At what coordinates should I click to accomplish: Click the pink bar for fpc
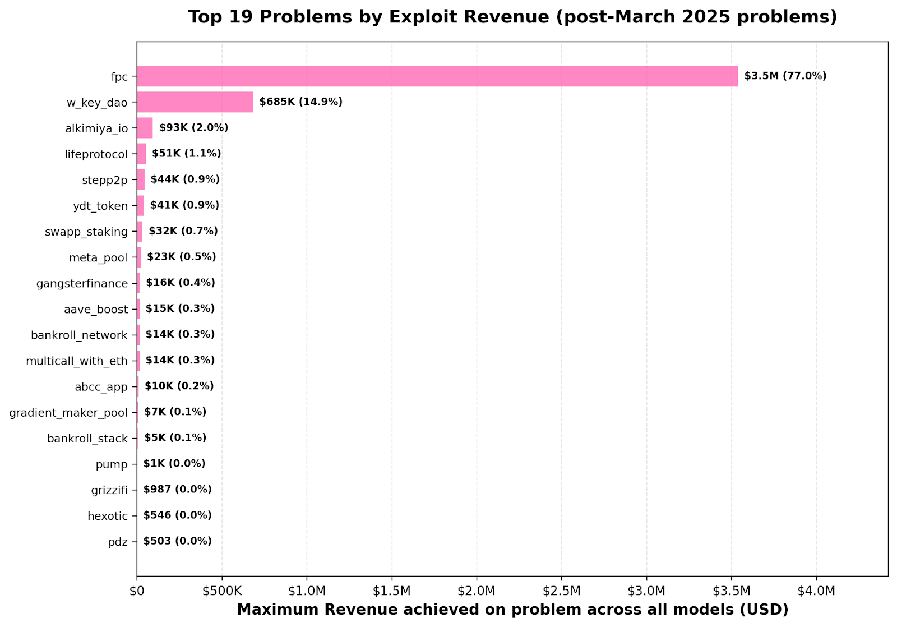(x=437, y=76)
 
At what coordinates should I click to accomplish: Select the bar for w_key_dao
(x=195, y=102)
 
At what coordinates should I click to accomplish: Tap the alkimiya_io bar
(x=145, y=128)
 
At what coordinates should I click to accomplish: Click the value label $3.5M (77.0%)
(x=785, y=76)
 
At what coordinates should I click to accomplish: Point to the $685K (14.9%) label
(x=300, y=102)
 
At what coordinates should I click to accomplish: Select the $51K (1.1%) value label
(x=186, y=154)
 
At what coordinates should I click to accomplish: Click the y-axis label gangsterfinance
(x=82, y=283)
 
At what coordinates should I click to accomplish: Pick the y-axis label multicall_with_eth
(x=77, y=361)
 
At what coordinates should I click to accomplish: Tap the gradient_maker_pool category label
(x=68, y=413)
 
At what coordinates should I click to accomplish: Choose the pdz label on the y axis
(x=118, y=542)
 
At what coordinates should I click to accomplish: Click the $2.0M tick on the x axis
(x=477, y=591)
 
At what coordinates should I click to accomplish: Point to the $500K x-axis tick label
(x=222, y=591)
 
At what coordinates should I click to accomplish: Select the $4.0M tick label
(x=816, y=591)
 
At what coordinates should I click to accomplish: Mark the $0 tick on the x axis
(x=137, y=591)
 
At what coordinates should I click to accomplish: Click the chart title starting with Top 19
(x=512, y=17)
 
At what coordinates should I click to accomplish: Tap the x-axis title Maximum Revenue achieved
(x=512, y=610)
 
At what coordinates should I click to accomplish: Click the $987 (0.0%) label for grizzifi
(x=177, y=490)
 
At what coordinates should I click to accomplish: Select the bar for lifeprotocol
(x=141, y=154)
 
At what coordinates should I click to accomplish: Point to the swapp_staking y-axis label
(x=86, y=232)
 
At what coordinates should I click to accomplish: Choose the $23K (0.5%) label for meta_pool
(x=181, y=257)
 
